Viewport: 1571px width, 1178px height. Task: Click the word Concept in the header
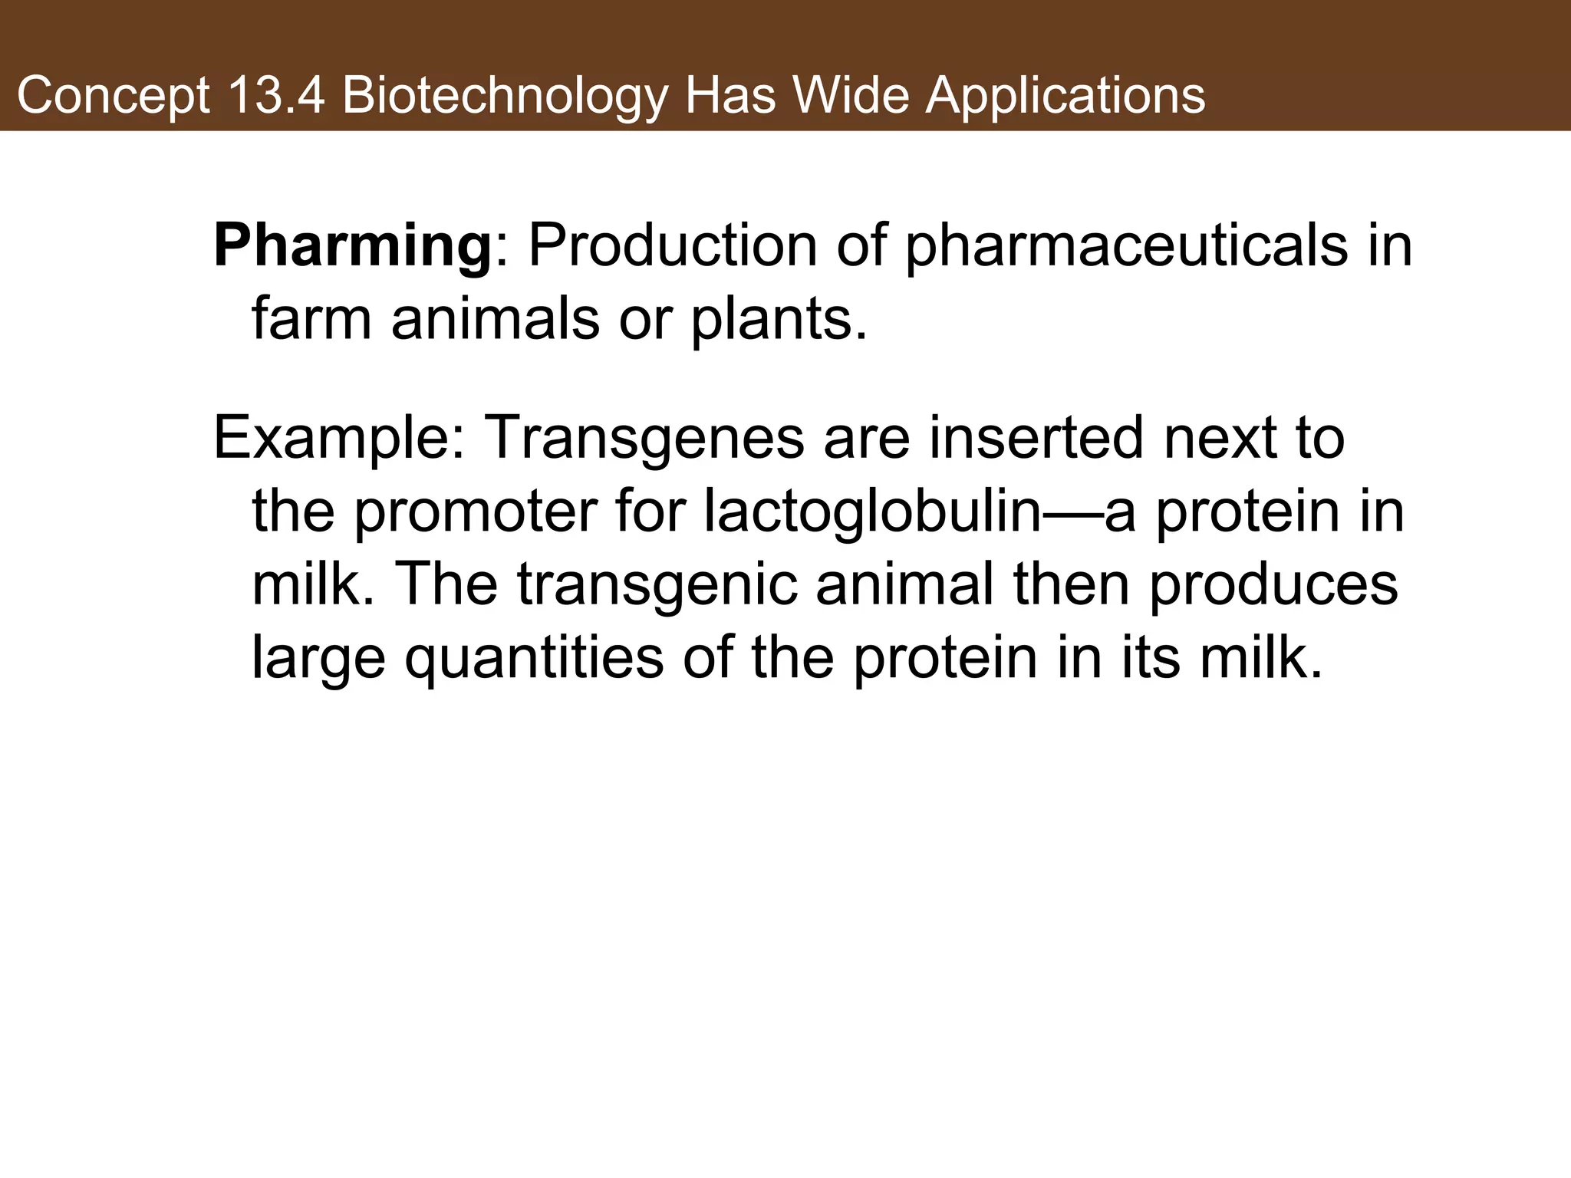point(113,97)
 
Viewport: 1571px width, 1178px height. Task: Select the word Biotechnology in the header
point(504,97)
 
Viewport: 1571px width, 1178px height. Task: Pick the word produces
point(1273,584)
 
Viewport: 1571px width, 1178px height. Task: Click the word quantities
point(534,658)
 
